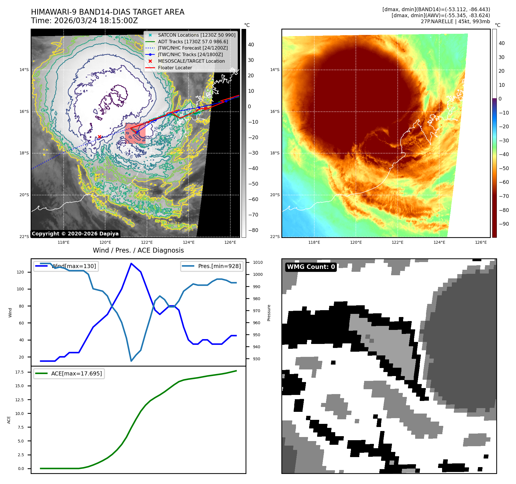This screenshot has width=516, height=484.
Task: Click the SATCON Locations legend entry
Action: tap(197, 35)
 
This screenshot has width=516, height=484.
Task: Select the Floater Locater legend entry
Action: tap(175, 68)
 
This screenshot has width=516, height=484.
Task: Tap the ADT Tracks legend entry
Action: tap(193, 42)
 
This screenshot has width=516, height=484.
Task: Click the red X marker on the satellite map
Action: tap(99, 137)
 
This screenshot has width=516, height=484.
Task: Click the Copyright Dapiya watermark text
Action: tap(75, 234)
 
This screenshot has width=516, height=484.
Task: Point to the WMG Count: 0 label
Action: tap(311, 267)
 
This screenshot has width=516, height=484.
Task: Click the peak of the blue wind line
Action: tap(131, 263)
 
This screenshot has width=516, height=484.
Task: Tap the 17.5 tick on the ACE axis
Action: tap(19, 372)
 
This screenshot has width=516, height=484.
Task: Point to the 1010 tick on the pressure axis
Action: tap(258, 262)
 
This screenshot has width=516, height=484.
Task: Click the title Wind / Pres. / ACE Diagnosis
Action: tap(138, 250)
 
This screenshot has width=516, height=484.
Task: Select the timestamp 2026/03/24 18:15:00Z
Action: tap(96, 21)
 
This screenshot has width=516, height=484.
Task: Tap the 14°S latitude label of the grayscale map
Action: tap(24, 70)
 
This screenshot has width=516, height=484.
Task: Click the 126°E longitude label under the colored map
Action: tap(481, 242)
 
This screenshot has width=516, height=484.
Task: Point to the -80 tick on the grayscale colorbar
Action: tap(253, 230)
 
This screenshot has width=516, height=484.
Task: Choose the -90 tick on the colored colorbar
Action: tap(504, 224)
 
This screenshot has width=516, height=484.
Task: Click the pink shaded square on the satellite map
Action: tap(135, 133)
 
